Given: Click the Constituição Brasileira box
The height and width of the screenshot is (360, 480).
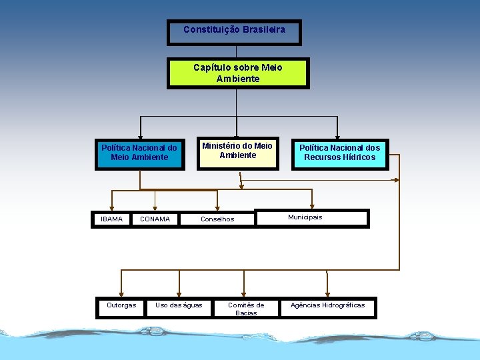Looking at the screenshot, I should [234, 32].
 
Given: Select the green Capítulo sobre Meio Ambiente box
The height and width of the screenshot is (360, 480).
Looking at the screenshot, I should [238, 73].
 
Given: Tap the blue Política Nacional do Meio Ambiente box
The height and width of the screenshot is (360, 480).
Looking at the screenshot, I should [139, 153].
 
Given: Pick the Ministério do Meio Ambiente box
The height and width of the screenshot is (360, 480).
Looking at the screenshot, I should [237, 153].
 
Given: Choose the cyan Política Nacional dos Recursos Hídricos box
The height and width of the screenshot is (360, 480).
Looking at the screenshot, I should [339, 153].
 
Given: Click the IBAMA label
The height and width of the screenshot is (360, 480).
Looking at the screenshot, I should [111, 219].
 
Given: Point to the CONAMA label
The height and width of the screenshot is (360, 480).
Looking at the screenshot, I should [155, 219].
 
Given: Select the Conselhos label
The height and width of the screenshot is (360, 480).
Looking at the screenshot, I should [217, 219].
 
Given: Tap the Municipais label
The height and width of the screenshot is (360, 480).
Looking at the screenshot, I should [305, 217].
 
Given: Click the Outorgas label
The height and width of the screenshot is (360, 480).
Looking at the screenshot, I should [121, 305].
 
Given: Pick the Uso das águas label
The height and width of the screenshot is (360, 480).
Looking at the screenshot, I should [179, 305].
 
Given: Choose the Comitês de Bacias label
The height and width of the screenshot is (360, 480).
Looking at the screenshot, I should [246, 309].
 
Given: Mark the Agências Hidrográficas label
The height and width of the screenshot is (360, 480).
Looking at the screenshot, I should [327, 305].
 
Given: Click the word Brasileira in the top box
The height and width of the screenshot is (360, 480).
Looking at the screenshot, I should [264, 29].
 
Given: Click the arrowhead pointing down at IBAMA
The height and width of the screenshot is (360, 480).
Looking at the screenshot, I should [112, 206].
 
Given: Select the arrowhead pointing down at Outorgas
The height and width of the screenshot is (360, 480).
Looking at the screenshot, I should [121, 293].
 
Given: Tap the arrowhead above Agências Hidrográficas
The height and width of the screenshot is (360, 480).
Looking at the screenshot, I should [327, 293].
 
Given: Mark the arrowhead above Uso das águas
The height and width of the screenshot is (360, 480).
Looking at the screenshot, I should [179, 293].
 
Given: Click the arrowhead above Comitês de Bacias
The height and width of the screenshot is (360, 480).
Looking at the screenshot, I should [246, 293].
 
